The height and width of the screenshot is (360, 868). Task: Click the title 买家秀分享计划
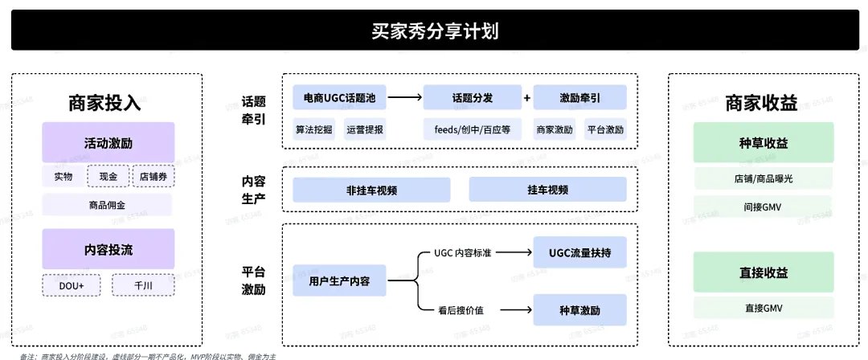pyautogui.click(x=434, y=31)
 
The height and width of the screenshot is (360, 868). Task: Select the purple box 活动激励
pyautogui.click(x=108, y=143)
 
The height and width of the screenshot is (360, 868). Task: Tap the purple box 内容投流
pyautogui.click(x=108, y=249)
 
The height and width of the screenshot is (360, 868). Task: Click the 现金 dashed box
pyautogui.click(x=108, y=176)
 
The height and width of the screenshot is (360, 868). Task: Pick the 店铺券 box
pyautogui.click(x=152, y=176)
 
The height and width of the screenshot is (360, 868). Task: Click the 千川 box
pyautogui.click(x=142, y=286)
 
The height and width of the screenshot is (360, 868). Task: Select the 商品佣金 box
pyautogui.click(x=108, y=204)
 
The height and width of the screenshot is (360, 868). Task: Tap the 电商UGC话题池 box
pyautogui.click(x=339, y=98)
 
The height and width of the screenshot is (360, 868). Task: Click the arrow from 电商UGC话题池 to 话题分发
pyautogui.click(x=404, y=98)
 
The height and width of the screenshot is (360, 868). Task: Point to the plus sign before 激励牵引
pyautogui.click(x=527, y=98)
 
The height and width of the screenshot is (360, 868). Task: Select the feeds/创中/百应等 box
pyautogui.click(x=473, y=129)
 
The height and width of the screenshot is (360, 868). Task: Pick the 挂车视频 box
pyautogui.click(x=547, y=190)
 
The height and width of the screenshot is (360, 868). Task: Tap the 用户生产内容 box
pyautogui.click(x=339, y=281)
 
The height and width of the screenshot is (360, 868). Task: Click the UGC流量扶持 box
pyautogui.click(x=579, y=252)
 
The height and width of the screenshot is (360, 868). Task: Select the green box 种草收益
pyautogui.click(x=764, y=143)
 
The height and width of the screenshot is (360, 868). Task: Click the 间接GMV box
pyautogui.click(x=764, y=207)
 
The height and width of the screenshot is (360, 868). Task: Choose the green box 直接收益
pyautogui.click(x=764, y=273)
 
